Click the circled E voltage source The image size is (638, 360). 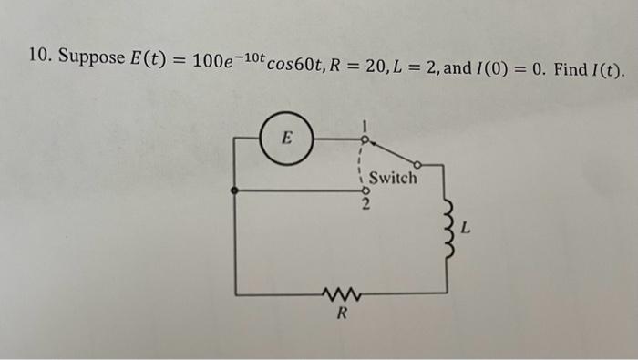pos(286,139)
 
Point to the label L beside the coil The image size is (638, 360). pos(467,232)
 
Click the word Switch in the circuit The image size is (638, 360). pos(393,178)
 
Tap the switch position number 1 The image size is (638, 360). pos(363,124)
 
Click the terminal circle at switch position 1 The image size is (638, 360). pos(363,139)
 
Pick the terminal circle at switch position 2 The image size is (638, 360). pos(363,191)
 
